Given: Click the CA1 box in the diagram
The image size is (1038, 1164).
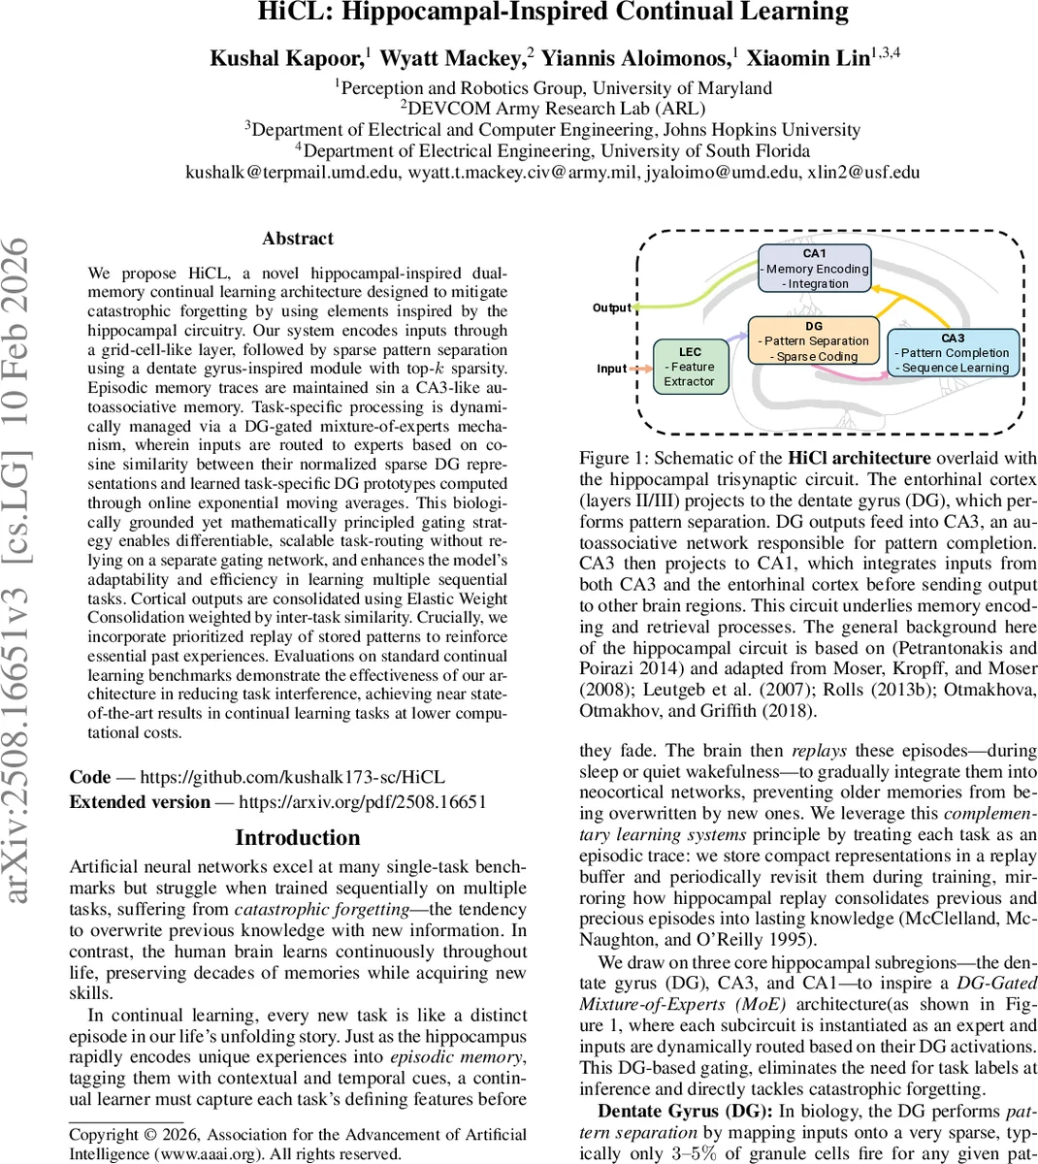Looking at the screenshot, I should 815,269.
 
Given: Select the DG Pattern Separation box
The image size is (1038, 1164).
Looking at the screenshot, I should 814,341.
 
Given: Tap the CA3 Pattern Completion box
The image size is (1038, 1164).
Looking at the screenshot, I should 952,353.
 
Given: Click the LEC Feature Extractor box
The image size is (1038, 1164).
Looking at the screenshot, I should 690,367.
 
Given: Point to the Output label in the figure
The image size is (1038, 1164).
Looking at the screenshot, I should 611,307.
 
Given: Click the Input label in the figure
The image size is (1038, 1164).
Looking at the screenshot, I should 611,369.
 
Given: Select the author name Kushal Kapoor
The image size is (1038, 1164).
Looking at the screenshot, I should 287,58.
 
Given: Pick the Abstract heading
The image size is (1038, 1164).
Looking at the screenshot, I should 298,239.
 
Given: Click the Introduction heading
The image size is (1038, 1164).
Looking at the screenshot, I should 298,838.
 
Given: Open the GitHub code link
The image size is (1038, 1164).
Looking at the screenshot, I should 292,777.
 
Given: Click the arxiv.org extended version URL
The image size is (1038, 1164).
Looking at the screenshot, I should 362,802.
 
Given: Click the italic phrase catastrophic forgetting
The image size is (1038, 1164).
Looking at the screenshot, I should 322,909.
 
